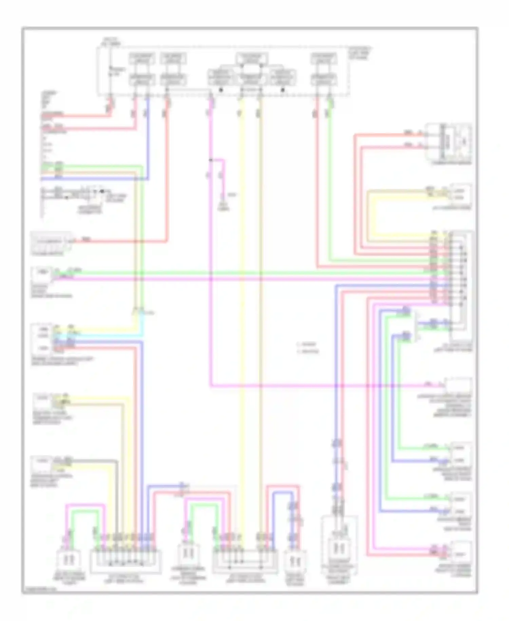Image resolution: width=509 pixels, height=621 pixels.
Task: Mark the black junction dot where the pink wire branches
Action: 211,160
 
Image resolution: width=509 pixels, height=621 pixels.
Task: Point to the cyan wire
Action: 102,336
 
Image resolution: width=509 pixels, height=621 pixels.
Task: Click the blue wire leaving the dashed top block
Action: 148,136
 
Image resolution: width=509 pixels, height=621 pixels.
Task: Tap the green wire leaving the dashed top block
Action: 329,170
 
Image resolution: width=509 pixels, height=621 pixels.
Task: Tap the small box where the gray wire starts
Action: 41,464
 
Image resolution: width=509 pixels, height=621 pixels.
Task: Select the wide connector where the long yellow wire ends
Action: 245,559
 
